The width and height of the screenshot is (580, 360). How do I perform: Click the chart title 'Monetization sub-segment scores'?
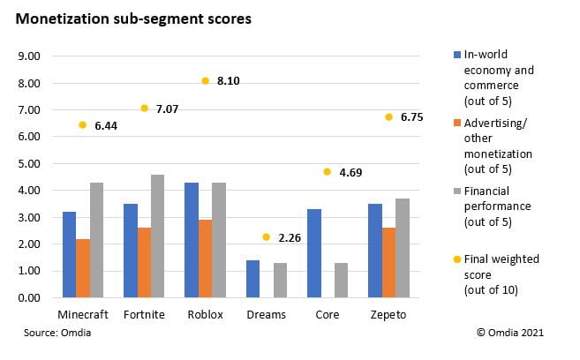tap(133, 18)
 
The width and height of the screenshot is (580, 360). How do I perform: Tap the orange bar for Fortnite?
tap(144, 263)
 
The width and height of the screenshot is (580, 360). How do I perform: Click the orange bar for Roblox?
tap(205, 259)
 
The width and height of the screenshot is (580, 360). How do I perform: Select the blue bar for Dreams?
tap(252, 279)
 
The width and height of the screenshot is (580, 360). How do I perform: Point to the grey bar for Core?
tap(341, 281)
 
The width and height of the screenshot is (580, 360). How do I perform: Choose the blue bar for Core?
tap(313, 253)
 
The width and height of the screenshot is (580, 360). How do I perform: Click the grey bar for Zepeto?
tap(402, 248)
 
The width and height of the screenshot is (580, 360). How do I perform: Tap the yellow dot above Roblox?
tap(205, 80)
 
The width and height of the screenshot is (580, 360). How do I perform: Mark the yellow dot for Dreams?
tap(266, 236)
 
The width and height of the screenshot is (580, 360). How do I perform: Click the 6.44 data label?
tap(105, 126)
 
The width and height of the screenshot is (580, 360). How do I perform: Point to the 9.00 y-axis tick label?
tap(30, 56)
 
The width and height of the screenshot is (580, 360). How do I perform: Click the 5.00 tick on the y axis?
tap(30, 164)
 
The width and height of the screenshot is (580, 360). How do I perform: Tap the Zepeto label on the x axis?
tap(388, 314)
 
